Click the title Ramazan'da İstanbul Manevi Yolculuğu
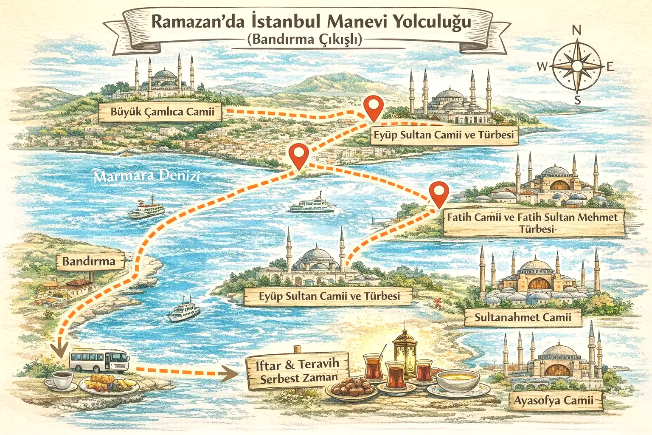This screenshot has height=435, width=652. [x=311, y=22]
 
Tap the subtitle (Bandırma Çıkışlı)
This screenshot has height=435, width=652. [x=304, y=40]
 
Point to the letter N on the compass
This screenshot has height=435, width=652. [x=576, y=31]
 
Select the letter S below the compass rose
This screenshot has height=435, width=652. [x=577, y=101]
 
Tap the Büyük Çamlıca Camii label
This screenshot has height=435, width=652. [x=162, y=112]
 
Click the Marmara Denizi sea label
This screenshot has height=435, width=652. [x=147, y=176]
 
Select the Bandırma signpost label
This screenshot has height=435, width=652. [x=89, y=261]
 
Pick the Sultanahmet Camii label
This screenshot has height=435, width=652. [x=523, y=317]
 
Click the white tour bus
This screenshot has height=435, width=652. [x=99, y=360]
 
